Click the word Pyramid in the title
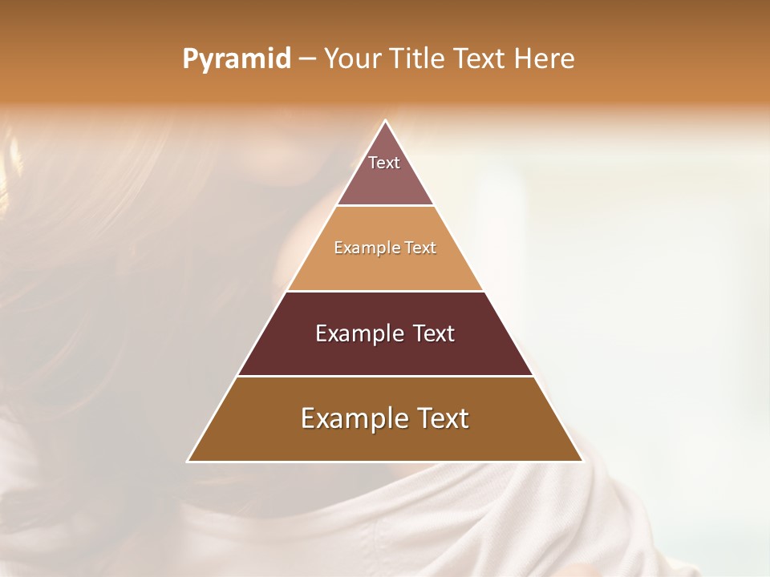[237, 59]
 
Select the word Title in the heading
[416, 59]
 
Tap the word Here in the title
[544, 59]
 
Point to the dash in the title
[307, 59]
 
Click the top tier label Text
[384, 163]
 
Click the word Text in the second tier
[420, 248]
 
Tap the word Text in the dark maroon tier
[434, 333]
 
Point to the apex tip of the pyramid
[385, 121]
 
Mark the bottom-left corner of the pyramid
[188, 462]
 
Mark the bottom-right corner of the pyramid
[582, 462]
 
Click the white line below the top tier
[385, 206]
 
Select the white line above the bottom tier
[385, 376]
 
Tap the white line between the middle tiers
[385, 291]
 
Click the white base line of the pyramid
[385, 462]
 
